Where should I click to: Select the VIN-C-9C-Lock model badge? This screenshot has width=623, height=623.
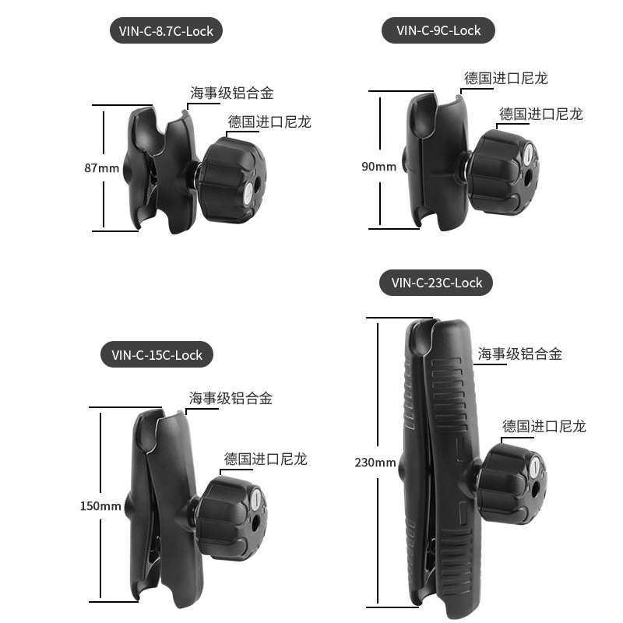pos(438,30)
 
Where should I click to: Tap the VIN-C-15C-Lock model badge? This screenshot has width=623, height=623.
pos(157,355)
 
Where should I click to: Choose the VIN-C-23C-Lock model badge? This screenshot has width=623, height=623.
pos(436,283)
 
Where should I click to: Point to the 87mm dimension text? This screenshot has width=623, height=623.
pos(102,167)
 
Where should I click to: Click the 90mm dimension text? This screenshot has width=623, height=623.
pos(379,167)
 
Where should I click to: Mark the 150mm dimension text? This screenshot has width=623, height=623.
pos(100,506)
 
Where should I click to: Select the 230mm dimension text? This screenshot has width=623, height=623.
pos(375,463)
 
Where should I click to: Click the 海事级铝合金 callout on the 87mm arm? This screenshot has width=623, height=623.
pos(232,93)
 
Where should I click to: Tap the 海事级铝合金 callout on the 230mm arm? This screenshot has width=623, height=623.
pos(519,354)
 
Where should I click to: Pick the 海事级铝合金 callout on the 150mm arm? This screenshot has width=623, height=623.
pos(231,399)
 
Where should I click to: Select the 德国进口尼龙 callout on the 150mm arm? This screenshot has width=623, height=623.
pos(266,459)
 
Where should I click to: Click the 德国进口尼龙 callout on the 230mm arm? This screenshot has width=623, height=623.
pos(544,426)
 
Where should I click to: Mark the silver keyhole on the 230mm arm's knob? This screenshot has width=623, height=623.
pos(534,468)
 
